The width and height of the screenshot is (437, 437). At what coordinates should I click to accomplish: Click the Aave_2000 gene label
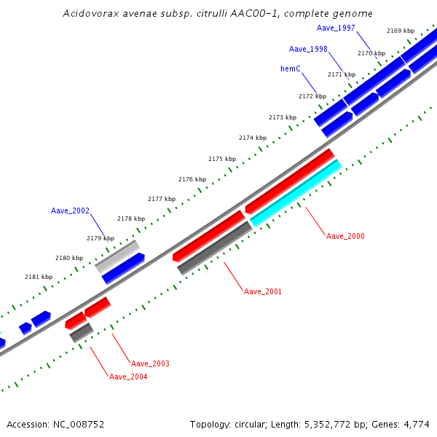click(345, 237)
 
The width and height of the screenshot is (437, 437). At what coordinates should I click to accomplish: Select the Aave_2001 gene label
click(262, 291)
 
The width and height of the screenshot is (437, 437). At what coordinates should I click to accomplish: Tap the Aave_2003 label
click(150, 363)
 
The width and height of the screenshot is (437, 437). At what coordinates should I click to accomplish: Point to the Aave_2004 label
click(128, 377)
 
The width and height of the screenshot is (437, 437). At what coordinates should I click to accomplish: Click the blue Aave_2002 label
click(70, 210)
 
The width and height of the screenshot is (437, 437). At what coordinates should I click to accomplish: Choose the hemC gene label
click(291, 68)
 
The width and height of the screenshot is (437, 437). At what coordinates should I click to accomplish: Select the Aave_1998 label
click(308, 49)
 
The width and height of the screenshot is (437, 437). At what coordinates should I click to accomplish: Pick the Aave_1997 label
click(336, 28)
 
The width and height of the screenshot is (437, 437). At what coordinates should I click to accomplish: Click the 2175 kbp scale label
click(222, 159)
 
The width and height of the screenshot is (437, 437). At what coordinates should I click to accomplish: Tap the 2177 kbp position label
click(162, 199)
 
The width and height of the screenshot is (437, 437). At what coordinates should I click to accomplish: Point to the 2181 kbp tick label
click(39, 277)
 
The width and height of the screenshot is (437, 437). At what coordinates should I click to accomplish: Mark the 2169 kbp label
click(401, 31)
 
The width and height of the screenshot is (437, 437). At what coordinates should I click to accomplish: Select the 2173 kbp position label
click(283, 117)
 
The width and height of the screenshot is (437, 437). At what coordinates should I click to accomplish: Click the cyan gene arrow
click(296, 193)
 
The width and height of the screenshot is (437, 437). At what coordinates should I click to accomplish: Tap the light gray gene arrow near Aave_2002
click(117, 256)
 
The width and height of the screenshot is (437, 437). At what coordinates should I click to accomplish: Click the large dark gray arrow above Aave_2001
click(215, 248)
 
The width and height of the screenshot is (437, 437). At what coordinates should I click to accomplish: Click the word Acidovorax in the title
click(88, 13)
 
